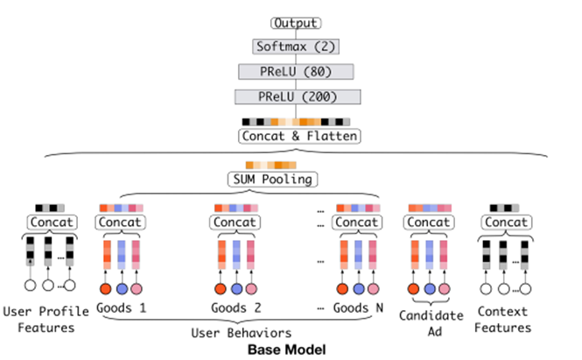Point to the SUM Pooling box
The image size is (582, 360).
click(271, 180)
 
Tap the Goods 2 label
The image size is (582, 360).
click(237, 307)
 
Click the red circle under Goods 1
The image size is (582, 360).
click(106, 288)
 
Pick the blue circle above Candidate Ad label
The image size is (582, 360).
click(429, 288)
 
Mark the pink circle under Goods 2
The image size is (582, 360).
click(252, 288)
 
